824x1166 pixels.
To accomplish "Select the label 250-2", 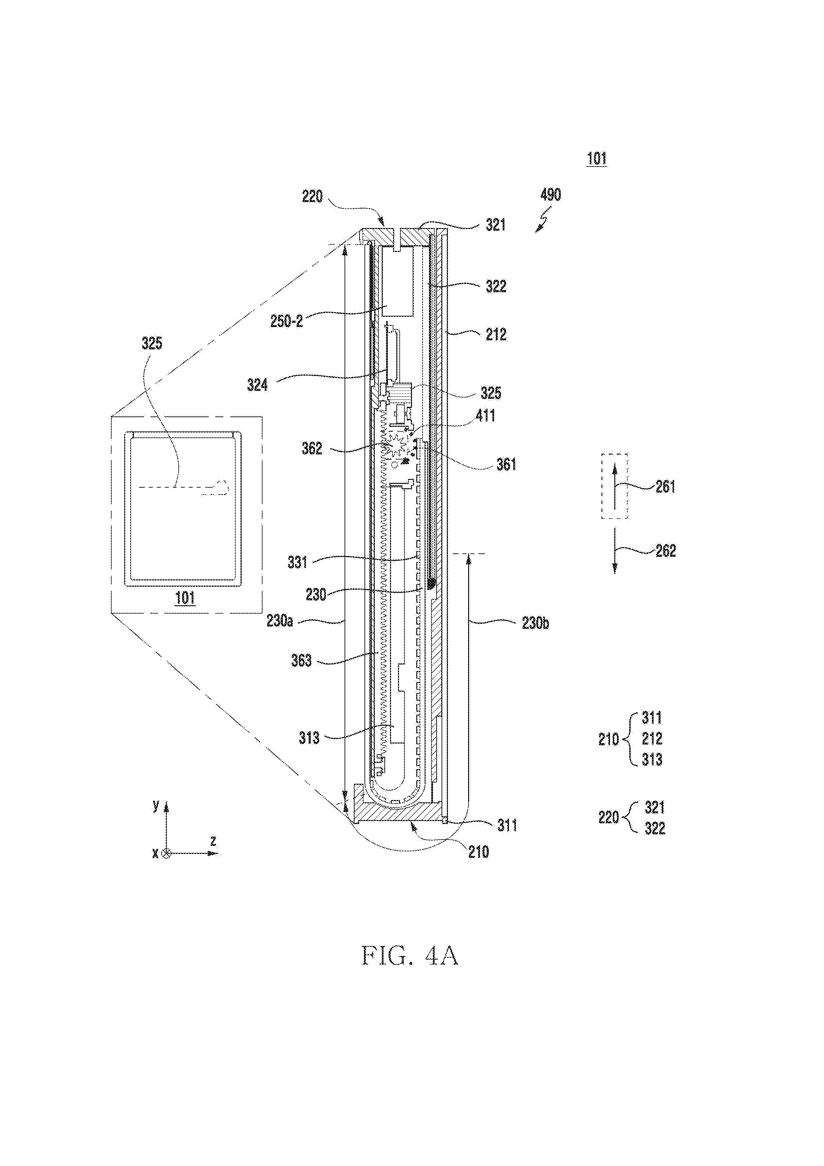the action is pyautogui.click(x=287, y=321).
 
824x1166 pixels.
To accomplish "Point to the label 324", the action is pyautogui.click(x=257, y=386).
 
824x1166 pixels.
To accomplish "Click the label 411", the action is pyautogui.click(x=486, y=416).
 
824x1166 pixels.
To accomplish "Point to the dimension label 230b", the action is pyautogui.click(x=536, y=623).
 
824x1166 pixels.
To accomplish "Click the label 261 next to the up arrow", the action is pyautogui.click(x=666, y=487).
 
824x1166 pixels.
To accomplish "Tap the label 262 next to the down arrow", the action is pyautogui.click(x=666, y=550).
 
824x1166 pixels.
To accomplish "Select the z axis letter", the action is pyautogui.click(x=213, y=842).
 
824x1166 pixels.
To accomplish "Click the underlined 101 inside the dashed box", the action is pyautogui.click(x=185, y=598).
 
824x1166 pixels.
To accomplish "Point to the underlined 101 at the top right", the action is pyautogui.click(x=597, y=159).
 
